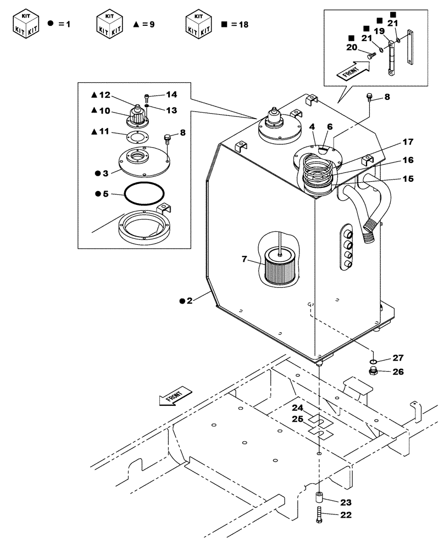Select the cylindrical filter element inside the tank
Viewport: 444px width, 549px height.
click(280, 267)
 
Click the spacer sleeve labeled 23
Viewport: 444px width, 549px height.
click(320, 501)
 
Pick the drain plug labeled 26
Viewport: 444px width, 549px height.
click(374, 373)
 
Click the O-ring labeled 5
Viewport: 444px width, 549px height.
click(145, 194)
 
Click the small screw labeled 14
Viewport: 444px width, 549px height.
click(147, 98)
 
